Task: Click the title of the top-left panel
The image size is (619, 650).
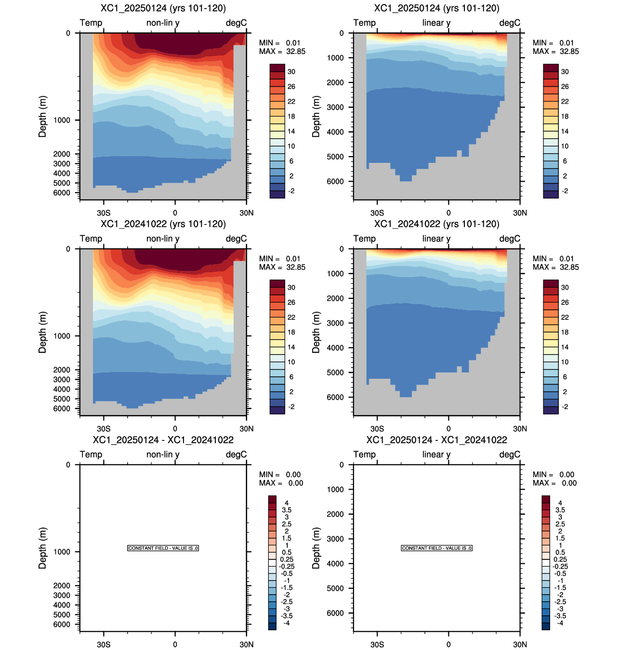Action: (163, 8)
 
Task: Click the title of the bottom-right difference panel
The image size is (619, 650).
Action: (436, 440)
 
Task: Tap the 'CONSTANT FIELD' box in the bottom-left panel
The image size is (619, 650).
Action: (163, 548)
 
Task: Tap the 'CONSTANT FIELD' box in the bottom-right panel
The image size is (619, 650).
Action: (436, 548)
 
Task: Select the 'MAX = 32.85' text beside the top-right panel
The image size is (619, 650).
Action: (555, 52)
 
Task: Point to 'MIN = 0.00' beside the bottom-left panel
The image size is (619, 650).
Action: (280, 475)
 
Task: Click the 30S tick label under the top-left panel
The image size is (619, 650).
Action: (104, 212)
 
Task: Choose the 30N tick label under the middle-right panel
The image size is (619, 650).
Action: (520, 428)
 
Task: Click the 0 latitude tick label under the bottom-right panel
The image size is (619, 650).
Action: (448, 644)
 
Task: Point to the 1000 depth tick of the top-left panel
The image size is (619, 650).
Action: (62, 120)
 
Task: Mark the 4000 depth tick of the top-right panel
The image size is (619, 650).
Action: (335, 132)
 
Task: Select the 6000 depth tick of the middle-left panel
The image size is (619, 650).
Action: (62, 408)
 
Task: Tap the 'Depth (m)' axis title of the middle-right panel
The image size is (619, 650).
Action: (316, 332)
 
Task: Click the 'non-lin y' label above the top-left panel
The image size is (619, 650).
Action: (163, 23)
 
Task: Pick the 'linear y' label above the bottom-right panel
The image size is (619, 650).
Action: (436, 454)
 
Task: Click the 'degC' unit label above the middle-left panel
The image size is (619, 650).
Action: (236, 239)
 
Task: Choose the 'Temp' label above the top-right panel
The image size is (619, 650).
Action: (364, 23)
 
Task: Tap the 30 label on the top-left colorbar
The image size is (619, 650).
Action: (291, 72)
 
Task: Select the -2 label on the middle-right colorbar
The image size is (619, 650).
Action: (565, 407)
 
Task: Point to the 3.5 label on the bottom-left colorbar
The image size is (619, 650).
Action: (286, 510)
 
